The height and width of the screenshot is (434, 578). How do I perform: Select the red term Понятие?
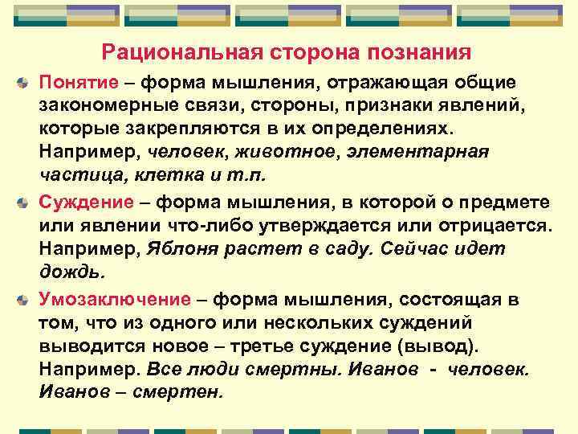click(x=75, y=83)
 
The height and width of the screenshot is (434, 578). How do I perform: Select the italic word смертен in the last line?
click(x=184, y=393)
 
